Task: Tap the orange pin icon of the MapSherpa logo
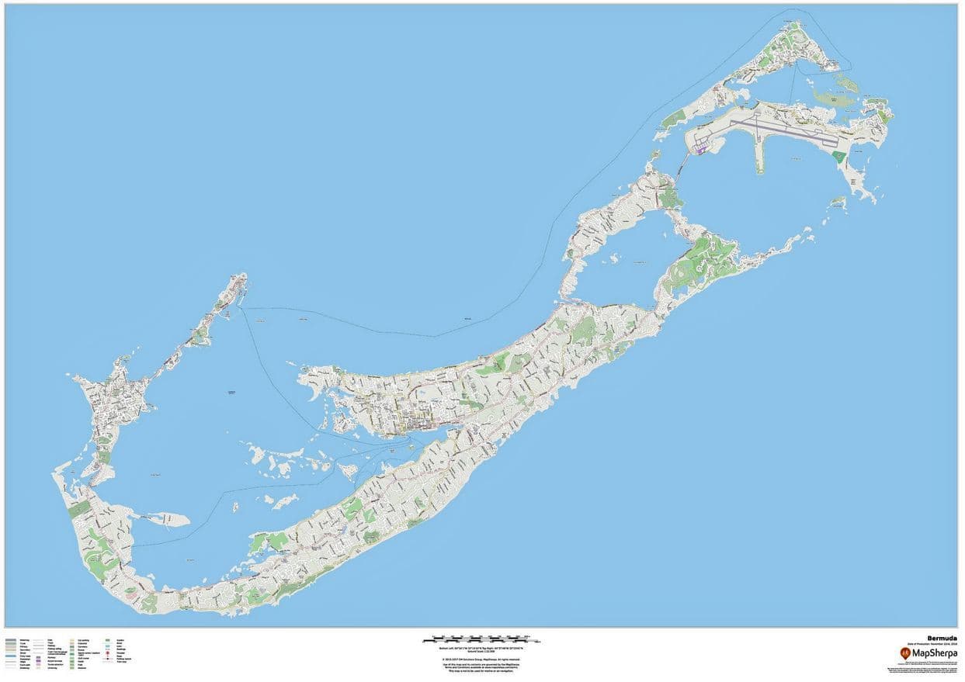pos(905,653)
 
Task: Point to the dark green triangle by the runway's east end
pos(838,156)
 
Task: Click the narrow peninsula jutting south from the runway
pos(758,160)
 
